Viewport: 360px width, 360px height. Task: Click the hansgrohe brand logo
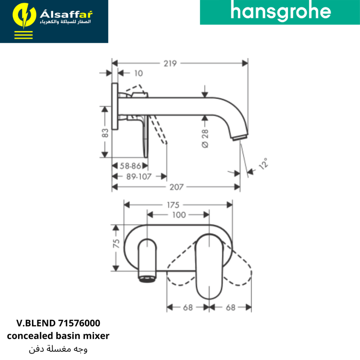coord(280,11)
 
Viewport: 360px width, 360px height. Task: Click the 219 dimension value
coord(170,63)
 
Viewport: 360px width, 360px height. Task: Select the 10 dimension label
coord(139,73)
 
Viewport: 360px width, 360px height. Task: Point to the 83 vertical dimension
coord(105,133)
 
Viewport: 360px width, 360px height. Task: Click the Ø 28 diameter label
coord(205,139)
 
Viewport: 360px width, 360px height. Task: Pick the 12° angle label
coord(264,164)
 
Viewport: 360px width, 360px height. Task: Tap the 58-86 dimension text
coord(130,166)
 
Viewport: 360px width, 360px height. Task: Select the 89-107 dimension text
coord(139,176)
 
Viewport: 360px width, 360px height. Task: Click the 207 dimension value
coord(176,187)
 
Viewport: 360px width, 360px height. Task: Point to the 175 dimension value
coord(173,205)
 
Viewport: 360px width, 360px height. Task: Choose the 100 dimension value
coord(179,215)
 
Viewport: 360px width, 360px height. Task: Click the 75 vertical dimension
coord(116,243)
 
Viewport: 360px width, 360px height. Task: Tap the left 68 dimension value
coord(188,307)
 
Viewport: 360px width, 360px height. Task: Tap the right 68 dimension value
coord(230,307)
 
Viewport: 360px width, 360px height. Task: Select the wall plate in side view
coord(115,106)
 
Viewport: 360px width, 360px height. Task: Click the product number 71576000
coord(79,323)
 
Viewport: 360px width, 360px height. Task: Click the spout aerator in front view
coord(147,279)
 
